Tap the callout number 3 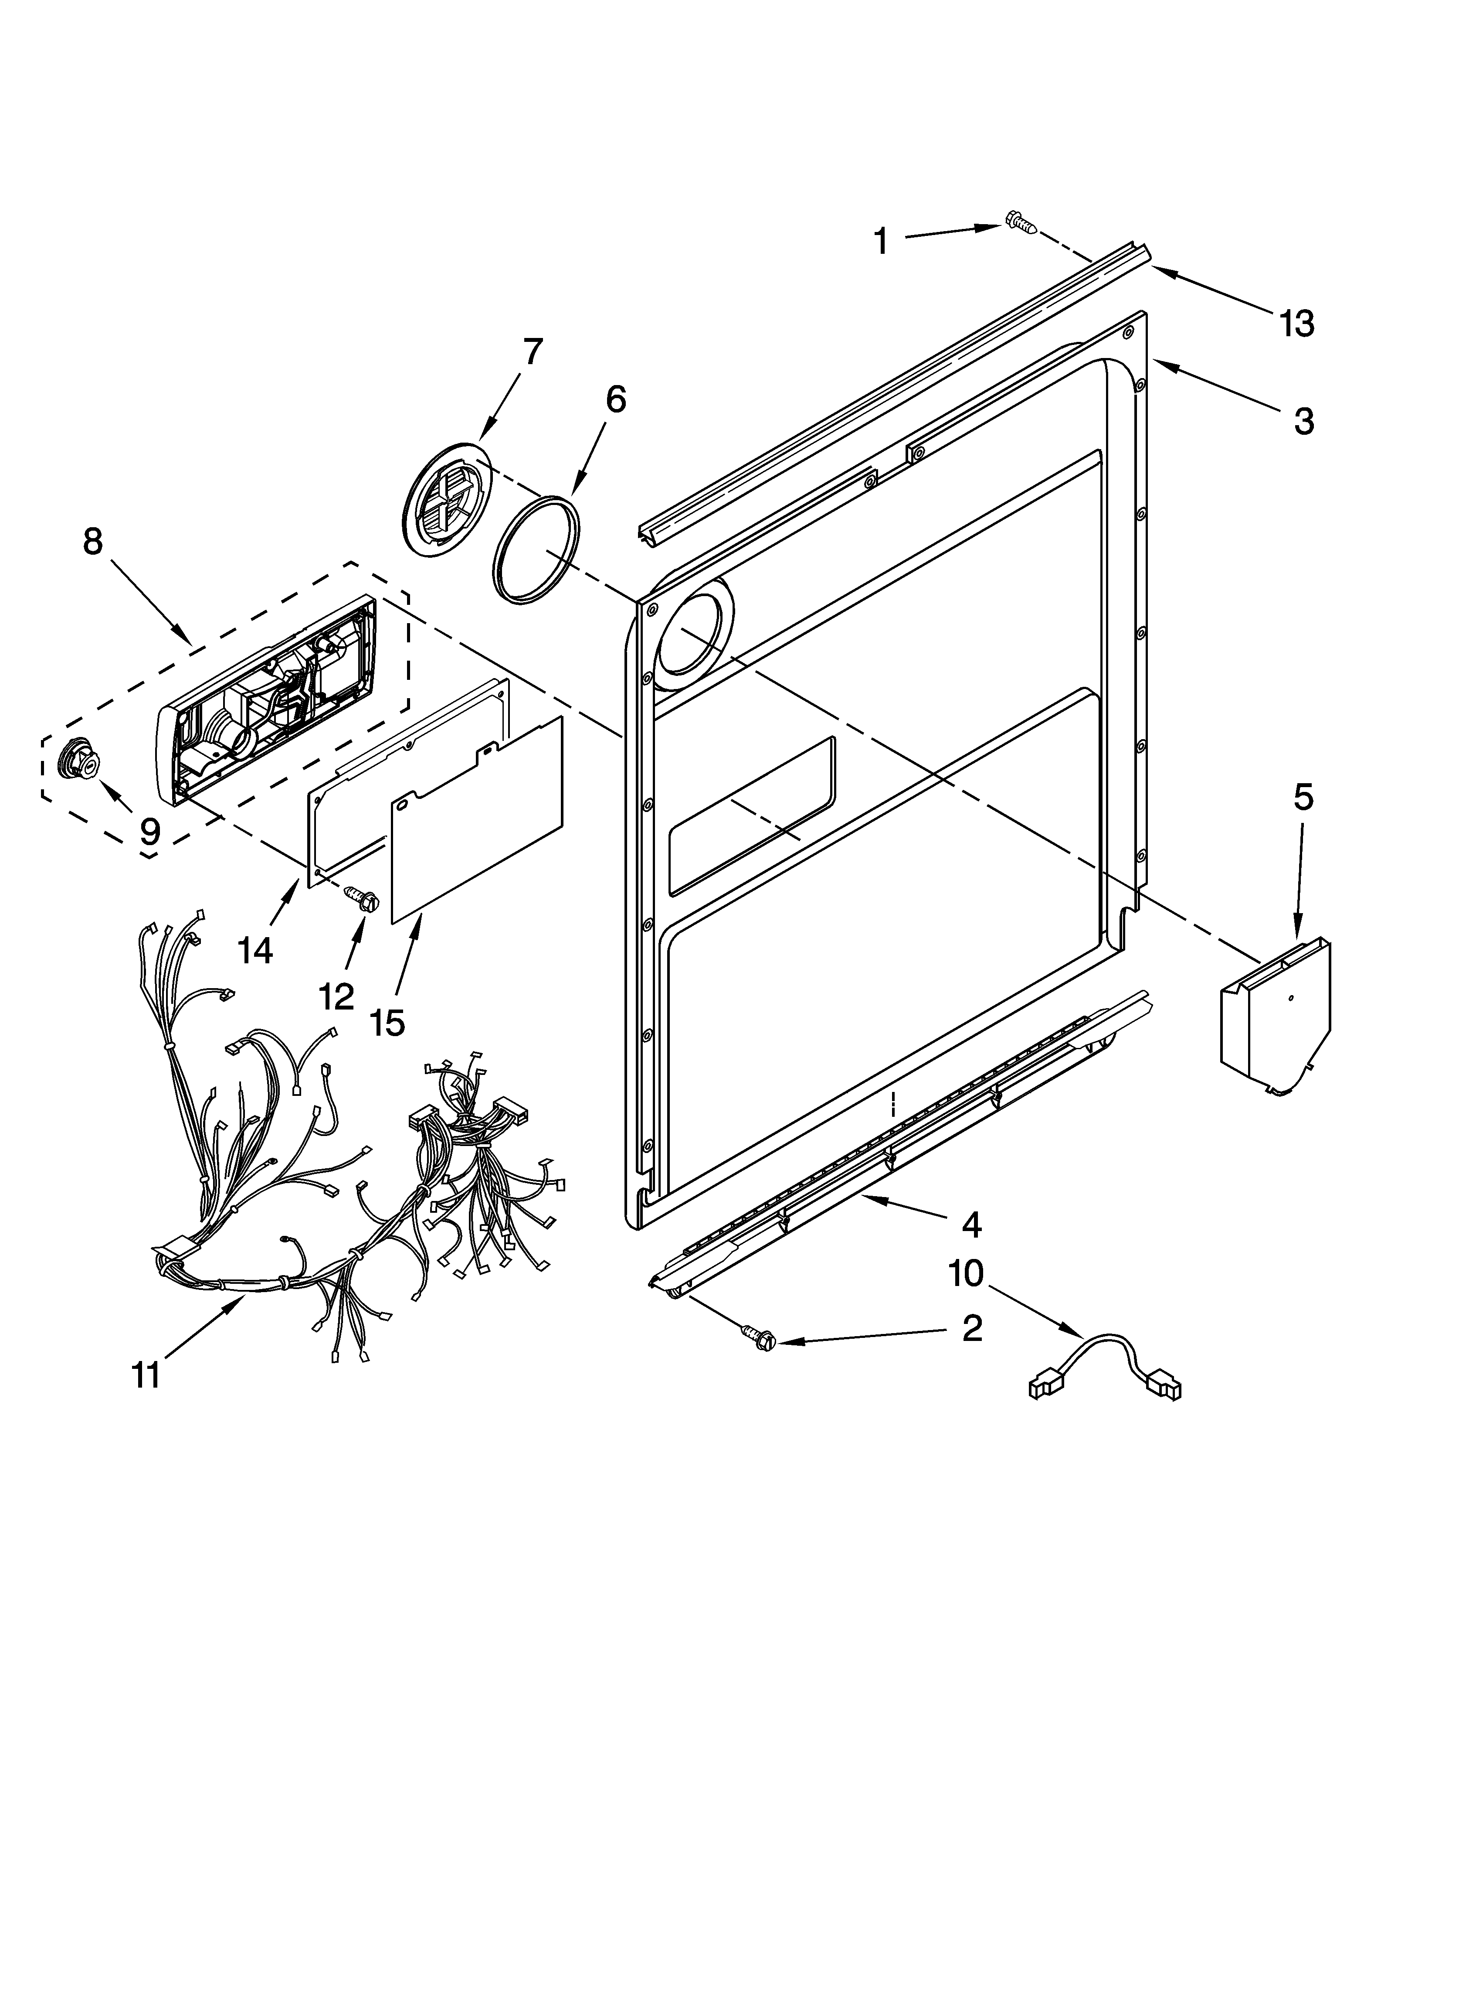click(x=1303, y=420)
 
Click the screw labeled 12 click(x=363, y=900)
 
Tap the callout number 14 click(x=255, y=950)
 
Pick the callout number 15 click(x=387, y=1022)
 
